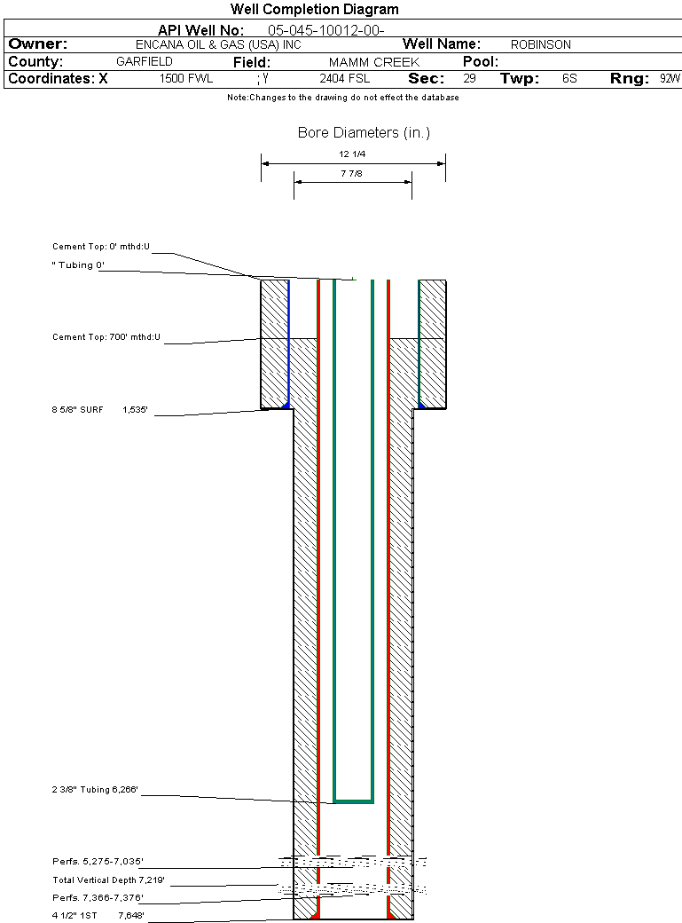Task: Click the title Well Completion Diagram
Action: [x=314, y=10]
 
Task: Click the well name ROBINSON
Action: [x=540, y=44]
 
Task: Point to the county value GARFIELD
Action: [x=145, y=62]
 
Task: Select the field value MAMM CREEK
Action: [x=373, y=62]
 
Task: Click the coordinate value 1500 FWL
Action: [x=186, y=79]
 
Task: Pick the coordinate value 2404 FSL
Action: [x=345, y=79]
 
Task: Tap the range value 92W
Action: [x=670, y=79]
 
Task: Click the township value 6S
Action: [x=569, y=79]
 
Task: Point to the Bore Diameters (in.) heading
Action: [x=364, y=133]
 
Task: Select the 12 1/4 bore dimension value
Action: [x=352, y=154]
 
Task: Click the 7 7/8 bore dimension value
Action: [x=352, y=174]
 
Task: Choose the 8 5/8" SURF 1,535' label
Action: [x=99, y=410]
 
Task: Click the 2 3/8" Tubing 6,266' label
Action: [x=96, y=789]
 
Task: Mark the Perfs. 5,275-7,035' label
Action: [x=98, y=862]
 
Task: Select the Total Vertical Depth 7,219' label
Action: [x=108, y=880]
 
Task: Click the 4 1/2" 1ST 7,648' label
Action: [x=98, y=915]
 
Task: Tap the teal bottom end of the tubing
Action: [x=353, y=801]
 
